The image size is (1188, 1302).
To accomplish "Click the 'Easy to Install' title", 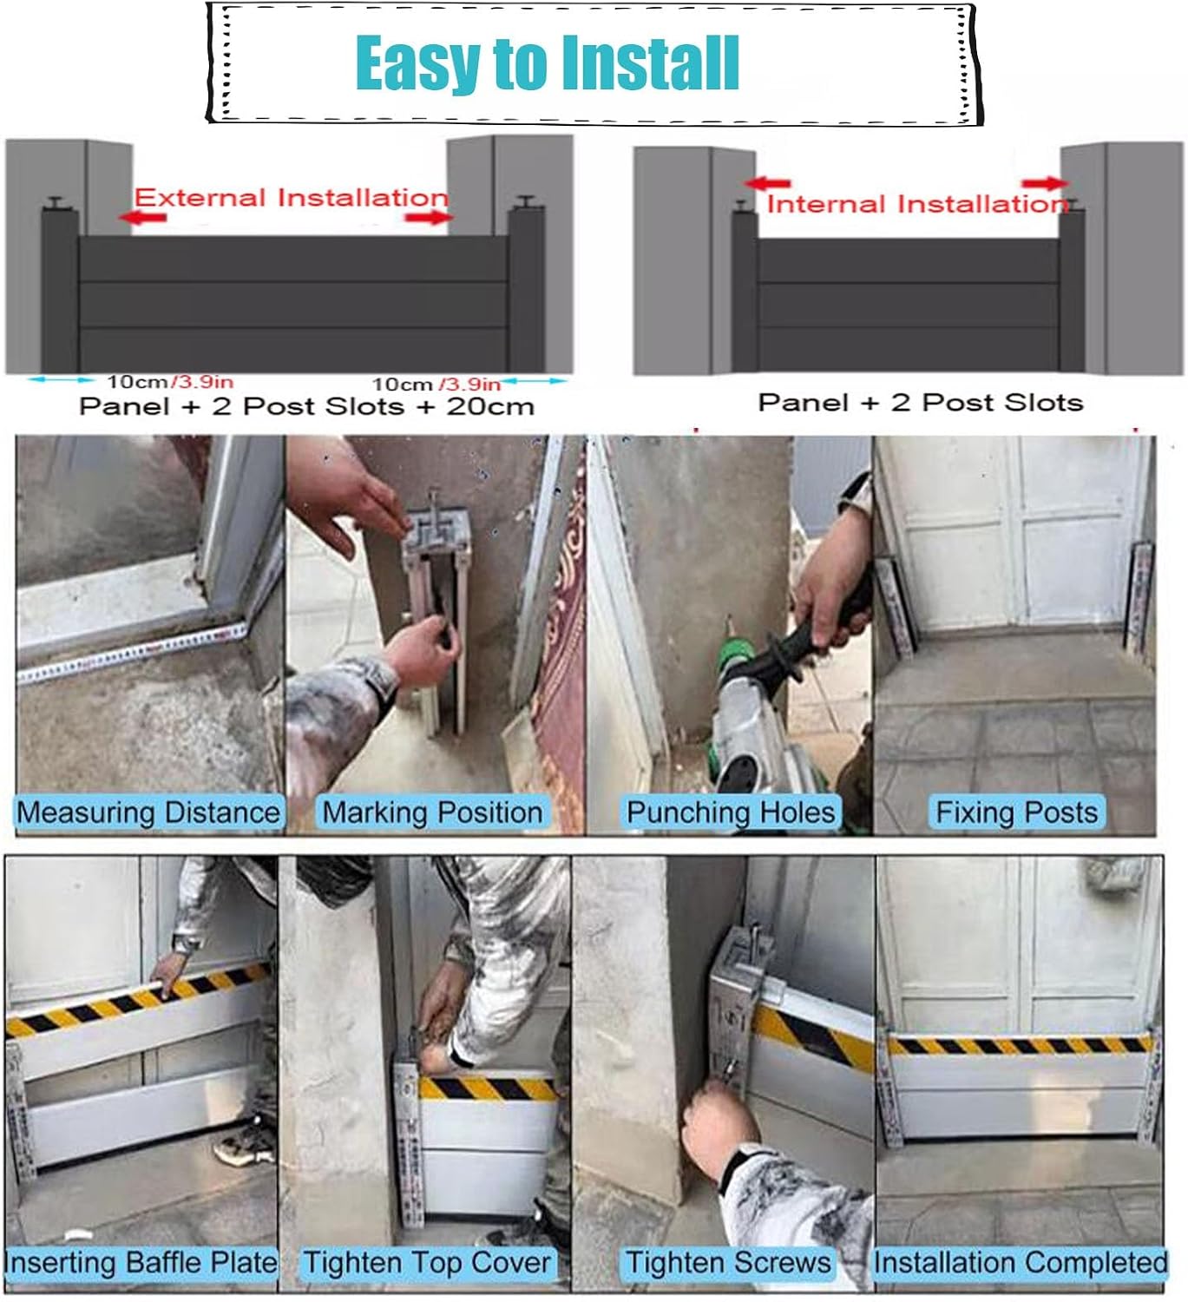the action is [547, 63].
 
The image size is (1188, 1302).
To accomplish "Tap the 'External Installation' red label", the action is [291, 197].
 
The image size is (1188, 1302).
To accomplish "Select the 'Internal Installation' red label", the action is [916, 204].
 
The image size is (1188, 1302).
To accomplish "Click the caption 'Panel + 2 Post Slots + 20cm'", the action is [306, 406].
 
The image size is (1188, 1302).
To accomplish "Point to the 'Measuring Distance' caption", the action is [148, 812].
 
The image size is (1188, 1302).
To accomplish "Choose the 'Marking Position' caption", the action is [432, 812].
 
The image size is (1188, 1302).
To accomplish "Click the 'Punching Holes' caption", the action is [731, 812].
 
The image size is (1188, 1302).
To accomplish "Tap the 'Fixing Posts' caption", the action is [1017, 812].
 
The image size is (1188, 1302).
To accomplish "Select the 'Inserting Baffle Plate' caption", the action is [141, 1263].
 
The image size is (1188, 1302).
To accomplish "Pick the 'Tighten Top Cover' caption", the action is [427, 1263].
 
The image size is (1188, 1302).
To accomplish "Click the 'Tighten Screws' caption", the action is [728, 1263].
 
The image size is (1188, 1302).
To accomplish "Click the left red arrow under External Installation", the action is [142, 217].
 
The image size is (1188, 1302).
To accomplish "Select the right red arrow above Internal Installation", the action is [1045, 184].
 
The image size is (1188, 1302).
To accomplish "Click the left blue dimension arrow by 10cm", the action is [61, 379].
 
